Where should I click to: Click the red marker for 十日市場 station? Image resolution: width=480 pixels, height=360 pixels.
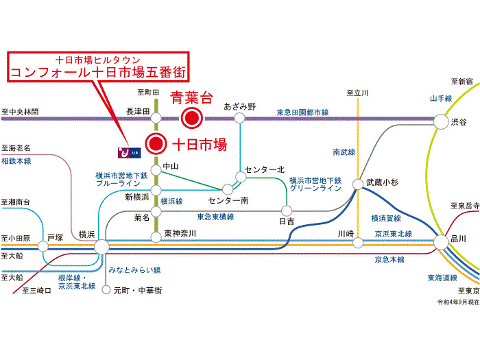[157, 143]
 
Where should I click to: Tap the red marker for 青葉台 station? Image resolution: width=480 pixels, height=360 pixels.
[193, 118]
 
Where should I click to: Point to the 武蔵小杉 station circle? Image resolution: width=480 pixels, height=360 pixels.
[358, 184]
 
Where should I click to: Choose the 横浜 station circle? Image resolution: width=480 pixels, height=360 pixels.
[101, 245]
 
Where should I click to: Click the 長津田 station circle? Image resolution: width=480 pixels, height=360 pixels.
[156, 118]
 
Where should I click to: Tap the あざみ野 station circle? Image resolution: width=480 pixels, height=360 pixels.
[239, 118]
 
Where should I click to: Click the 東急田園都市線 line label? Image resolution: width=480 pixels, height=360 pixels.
[303, 111]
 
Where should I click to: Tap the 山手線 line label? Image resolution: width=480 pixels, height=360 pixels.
[441, 99]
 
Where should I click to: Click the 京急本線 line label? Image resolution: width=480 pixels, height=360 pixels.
[389, 260]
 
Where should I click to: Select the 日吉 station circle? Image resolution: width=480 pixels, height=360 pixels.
[287, 211]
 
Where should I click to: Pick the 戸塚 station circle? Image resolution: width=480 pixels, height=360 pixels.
[46, 245]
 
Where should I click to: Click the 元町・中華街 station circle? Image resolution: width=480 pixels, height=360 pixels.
[106, 289]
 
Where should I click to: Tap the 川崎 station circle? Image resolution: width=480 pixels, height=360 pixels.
[358, 243]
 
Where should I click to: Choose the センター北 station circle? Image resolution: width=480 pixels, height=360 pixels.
[241, 177]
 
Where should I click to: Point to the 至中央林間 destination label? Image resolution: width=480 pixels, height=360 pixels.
[21, 111]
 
